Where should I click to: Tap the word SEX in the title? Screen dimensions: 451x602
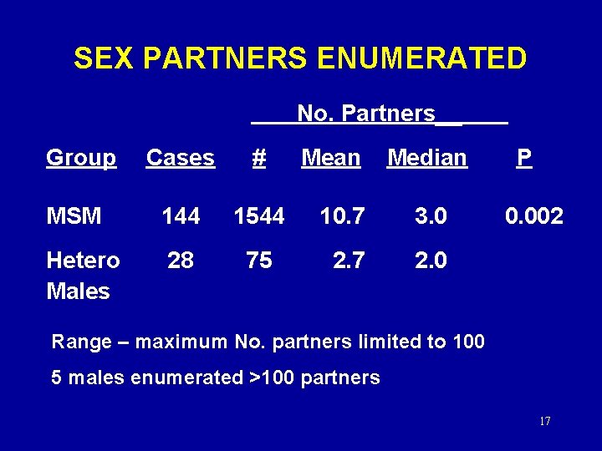(x=105, y=58)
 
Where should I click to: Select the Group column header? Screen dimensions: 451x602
(x=81, y=158)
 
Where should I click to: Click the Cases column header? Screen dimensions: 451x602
(x=181, y=158)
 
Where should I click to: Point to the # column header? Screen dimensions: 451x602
(x=259, y=158)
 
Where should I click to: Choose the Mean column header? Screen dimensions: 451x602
(x=330, y=158)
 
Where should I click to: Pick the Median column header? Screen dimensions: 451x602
(x=426, y=158)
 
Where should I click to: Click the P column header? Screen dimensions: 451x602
(x=524, y=158)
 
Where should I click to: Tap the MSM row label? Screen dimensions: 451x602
(x=74, y=217)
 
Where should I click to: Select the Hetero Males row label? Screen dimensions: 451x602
(x=82, y=276)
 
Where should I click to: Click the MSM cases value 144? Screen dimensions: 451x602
(x=181, y=217)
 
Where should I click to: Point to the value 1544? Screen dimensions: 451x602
(x=259, y=217)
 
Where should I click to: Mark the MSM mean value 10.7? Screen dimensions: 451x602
(x=342, y=217)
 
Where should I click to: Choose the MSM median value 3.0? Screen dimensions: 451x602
(x=431, y=217)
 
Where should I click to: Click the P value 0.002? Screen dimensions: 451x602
(x=533, y=217)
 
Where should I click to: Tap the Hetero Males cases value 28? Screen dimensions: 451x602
(x=181, y=261)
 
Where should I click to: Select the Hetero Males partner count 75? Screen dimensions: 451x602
(x=259, y=261)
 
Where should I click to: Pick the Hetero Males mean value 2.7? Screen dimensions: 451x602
(x=349, y=261)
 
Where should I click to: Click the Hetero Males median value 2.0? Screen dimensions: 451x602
(x=431, y=261)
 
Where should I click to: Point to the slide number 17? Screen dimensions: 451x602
(x=544, y=421)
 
